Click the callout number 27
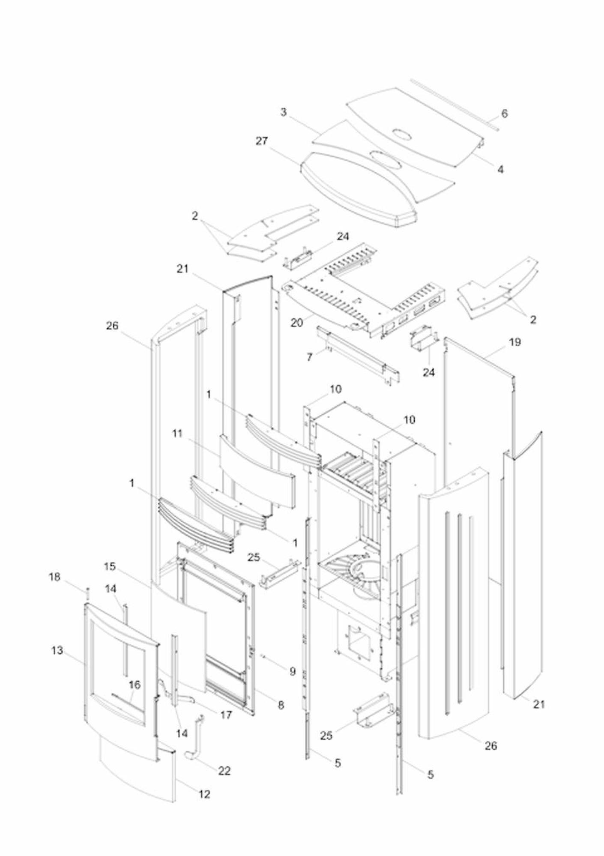click(262, 141)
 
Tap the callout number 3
click(284, 112)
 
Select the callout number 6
click(505, 114)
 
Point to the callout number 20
click(297, 323)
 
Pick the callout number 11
click(177, 434)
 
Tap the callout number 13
click(57, 650)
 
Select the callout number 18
click(54, 577)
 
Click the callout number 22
click(224, 771)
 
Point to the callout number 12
click(205, 794)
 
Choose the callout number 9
click(293, 671)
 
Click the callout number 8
click(281, 705)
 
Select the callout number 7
click(310, 357)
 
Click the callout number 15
click(110, 566)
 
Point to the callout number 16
click(135, 685)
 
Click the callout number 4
click(500, 169)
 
